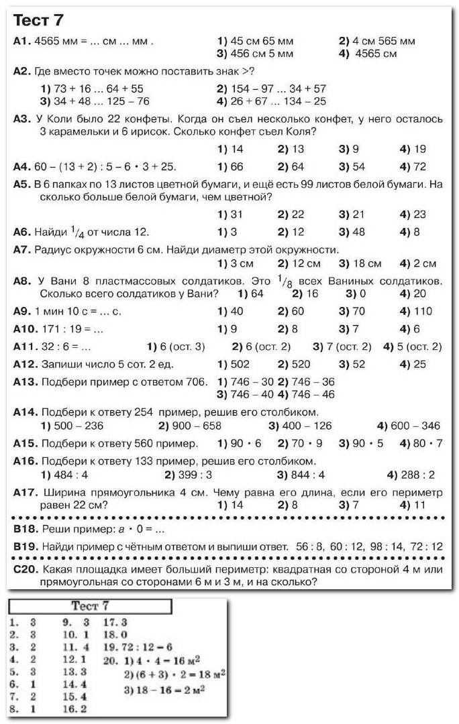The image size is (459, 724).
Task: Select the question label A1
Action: click(22, 41)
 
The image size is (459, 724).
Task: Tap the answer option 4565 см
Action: click(376, 54)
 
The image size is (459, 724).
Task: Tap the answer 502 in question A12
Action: click(239, 364)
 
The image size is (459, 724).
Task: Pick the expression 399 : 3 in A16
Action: click(195, 475)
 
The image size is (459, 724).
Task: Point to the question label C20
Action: click(24, 570)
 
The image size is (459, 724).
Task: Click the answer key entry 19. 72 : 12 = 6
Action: click(138, 648)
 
